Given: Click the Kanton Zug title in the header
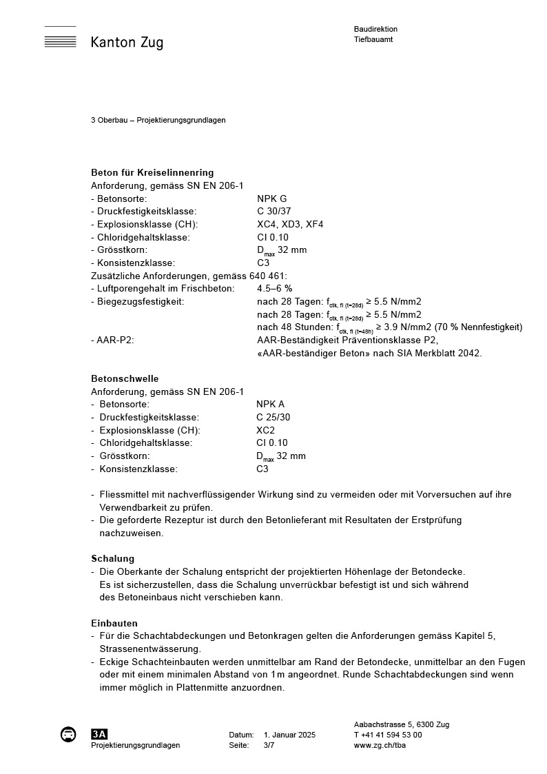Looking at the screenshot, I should click(x=127, y=43).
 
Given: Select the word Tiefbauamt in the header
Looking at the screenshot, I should click(x=373, y=39).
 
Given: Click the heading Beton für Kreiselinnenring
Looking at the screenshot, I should click(x=152, y=172).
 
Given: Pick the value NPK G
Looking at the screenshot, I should click(x=272, y=198).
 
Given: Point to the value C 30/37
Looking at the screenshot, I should click(x=274, y=212).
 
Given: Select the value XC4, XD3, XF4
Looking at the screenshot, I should click(x=290, y=224).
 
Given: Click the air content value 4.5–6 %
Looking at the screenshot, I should click(x=275, y=288).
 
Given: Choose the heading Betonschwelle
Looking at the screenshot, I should click(x=125, y=378).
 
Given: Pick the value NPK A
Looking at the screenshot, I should click(x=270, y=405).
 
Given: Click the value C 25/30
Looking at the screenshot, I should click(x=273, y=417).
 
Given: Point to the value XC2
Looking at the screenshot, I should click(x=265, y=430).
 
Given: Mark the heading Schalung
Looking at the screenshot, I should click(x=112, y=558).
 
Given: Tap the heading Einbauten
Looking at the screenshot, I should click(x=114, y=623).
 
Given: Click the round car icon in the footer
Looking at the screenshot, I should click(x=68, y=734).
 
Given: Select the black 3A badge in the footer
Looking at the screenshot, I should click(x=99, y=734).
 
